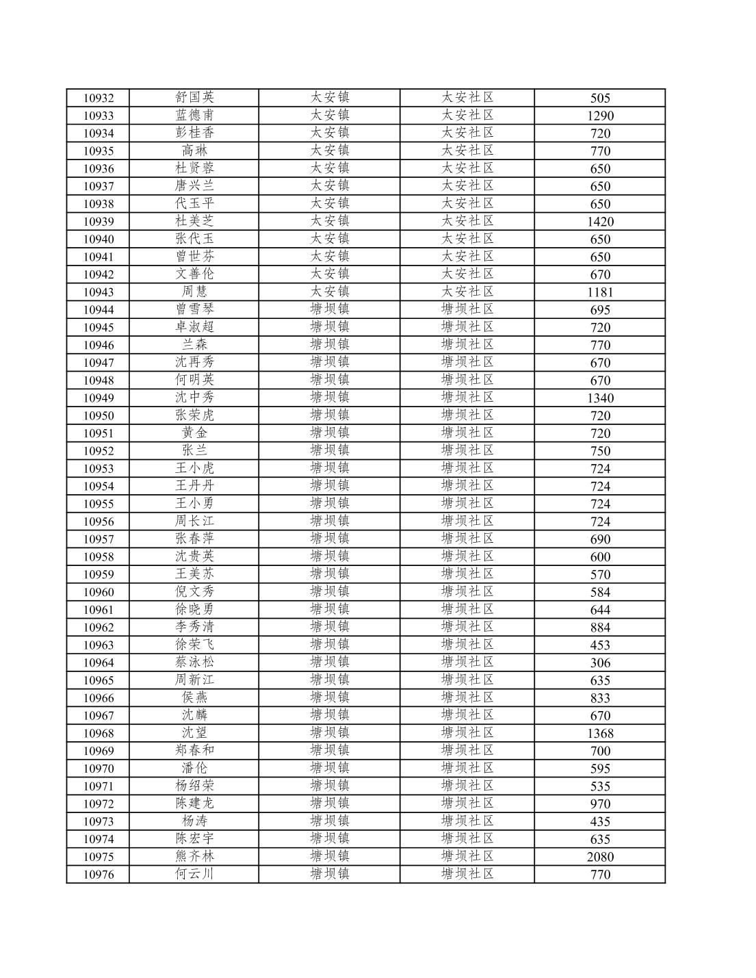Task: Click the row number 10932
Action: click(x=98, y=98)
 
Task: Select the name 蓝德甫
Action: click(x=194, y=115)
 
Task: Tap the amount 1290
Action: click(x=599, y=116)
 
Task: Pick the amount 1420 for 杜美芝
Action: click(x=599, y=222)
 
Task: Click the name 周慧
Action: click(x=194, y=292)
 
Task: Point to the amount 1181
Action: click(x=599, y=292)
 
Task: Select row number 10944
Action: click(x=98, y=310)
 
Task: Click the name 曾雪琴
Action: click(x=194, y=309)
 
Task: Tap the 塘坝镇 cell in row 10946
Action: click(x=329, y=345)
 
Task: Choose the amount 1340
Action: click(x=599, y=398)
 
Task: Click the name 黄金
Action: click(x=194, y=433)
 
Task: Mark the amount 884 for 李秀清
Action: click(x=599, y=628)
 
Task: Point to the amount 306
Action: click(x=599, y=662)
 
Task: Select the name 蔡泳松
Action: click(x=194, y=662)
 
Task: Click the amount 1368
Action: click(x=599, y=733)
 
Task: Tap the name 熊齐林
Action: click(x=194, y=856)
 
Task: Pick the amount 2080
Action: click(x=599, y=857)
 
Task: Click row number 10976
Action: click(x=98, y=875)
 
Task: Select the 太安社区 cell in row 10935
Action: click(x=467, y=151)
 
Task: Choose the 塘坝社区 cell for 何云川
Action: click(x=467, y=874)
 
